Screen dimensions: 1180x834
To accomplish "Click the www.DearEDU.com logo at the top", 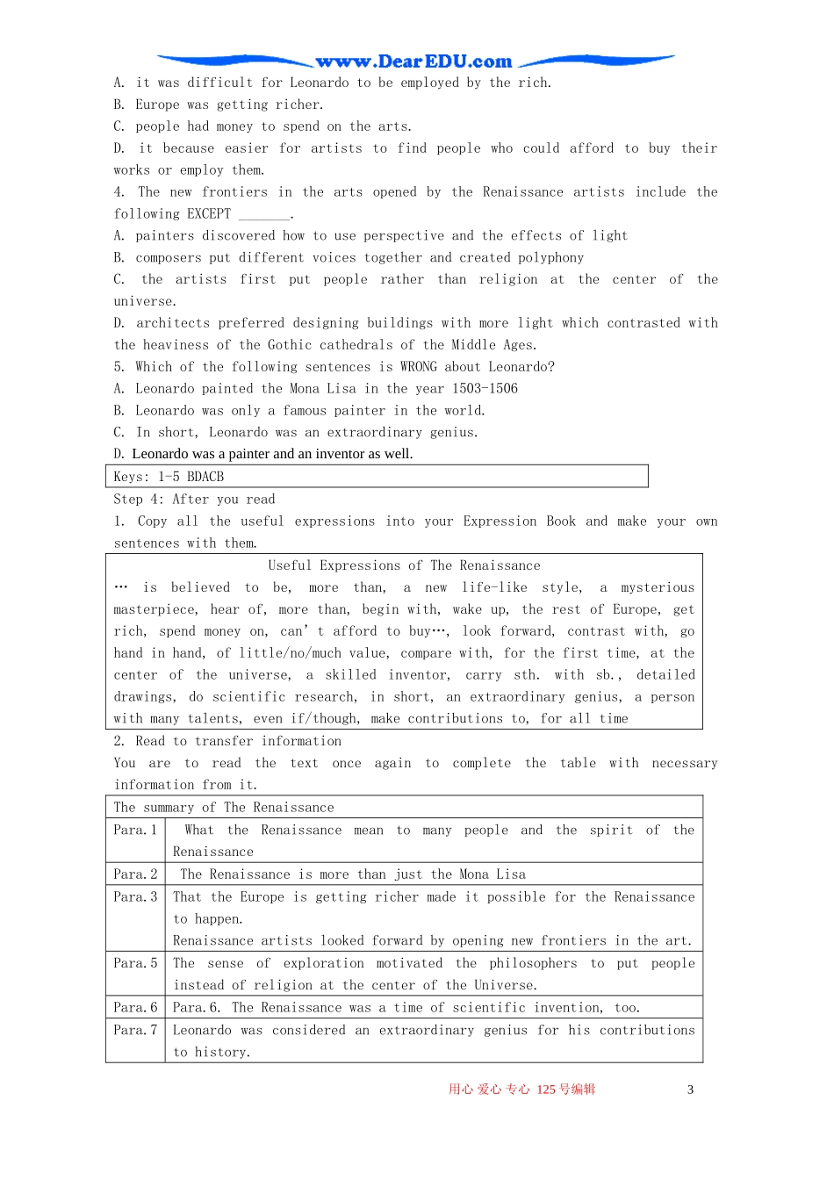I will tap(413, 61).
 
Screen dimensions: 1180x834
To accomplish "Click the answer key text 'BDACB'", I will tap(205, 477).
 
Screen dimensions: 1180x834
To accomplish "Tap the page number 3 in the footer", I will tap(690, 1090).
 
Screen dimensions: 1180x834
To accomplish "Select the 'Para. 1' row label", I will tap(135, 831).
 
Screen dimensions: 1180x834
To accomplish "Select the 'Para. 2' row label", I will tap(135, 874).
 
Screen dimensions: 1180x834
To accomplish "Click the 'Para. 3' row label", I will tap(135, 897).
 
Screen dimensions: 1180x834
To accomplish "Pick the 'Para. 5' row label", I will tap(135, 963).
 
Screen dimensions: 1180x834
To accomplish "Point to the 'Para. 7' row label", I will tap(135, 1030).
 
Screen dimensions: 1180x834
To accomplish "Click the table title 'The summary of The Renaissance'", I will tap(224, 808).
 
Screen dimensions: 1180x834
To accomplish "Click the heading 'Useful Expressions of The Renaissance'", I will tap(404, 566).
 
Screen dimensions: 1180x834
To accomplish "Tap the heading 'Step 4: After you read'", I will tap(194, 500).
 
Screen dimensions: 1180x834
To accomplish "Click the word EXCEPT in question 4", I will tap(209, 214).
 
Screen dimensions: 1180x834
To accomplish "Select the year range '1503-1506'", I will tap(485, 389).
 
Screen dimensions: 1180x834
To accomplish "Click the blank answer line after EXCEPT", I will tap(264, 216).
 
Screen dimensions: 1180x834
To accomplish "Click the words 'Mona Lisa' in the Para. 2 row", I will tap(492, 874).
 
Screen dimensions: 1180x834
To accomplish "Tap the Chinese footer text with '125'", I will tap(521, 1090).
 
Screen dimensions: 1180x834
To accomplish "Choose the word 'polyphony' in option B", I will tap(550, 258).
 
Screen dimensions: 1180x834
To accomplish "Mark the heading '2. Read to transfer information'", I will tap(227, 742).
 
